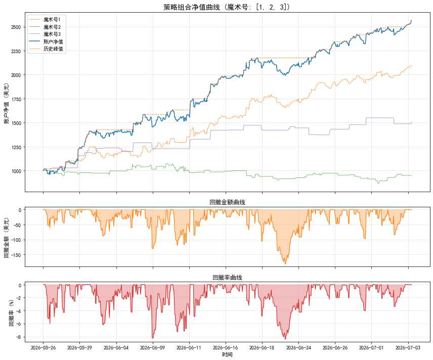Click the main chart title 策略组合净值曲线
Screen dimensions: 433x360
pos(191,7)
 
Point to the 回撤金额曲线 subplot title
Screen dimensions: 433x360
pos(227,202)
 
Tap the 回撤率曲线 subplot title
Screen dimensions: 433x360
pos(227,278)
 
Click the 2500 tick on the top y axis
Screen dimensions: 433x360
pos(16,27)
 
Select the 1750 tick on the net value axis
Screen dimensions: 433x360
pos(16,99)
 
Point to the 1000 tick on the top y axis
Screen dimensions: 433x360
pos(16,171)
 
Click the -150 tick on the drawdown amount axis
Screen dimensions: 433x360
pos(16,255)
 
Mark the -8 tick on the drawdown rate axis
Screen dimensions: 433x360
pos(19,337)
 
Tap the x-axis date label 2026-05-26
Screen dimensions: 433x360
pos(44,347)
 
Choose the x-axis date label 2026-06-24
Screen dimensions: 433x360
pos(298,347)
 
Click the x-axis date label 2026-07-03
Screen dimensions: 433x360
pos(408,347)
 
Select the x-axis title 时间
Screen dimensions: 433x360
pos(227,355)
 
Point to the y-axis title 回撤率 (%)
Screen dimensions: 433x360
pos(11,313)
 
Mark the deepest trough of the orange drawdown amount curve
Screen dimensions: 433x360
pos(285,264)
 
